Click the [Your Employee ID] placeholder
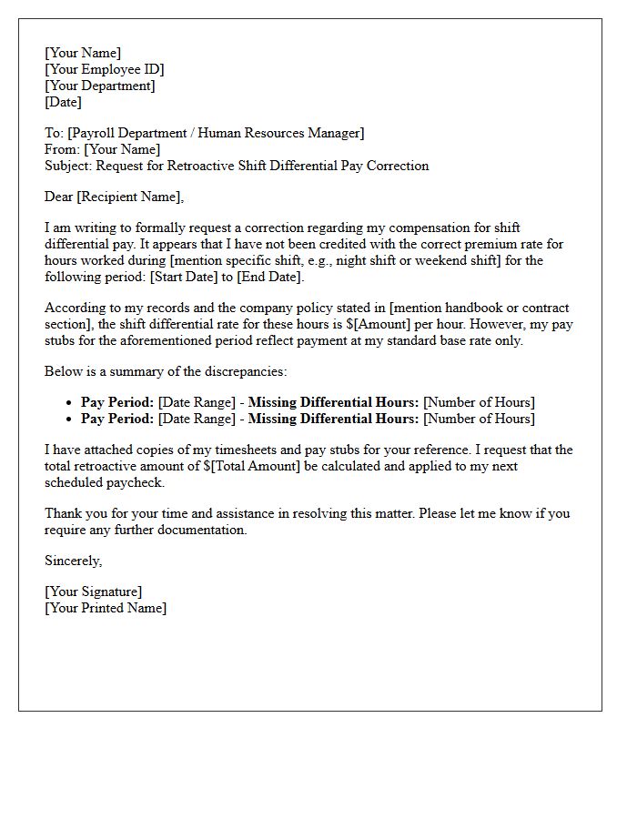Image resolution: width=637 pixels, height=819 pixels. coord(104,69)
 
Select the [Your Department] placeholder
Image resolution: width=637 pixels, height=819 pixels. coord(99,86)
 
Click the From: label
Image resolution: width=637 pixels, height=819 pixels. coord(62,149)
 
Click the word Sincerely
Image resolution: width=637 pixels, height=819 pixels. coord(73,561)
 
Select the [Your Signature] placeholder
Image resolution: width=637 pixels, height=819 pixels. coord(93,591)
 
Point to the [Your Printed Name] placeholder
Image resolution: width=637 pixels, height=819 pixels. coord(106,608)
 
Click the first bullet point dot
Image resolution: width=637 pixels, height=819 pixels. coord(70,403)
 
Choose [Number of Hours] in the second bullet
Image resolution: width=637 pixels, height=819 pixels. coord(479,419)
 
